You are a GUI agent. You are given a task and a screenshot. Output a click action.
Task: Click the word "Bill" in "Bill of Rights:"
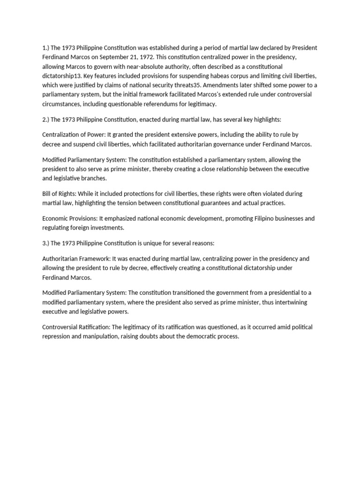(47, 194)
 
